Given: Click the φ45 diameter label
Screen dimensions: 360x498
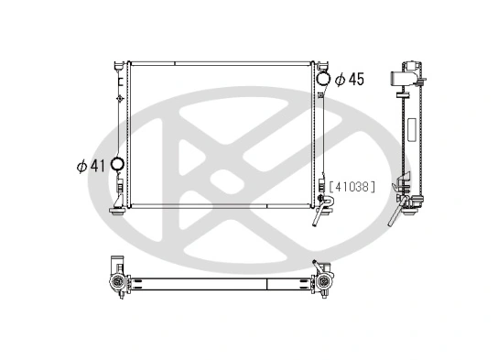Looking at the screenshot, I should point(349,79).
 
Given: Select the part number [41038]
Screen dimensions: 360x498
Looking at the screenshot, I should point(353,186).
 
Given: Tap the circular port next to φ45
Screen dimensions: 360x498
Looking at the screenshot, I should point(324,79).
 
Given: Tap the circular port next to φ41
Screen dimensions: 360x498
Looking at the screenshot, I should point(116,166).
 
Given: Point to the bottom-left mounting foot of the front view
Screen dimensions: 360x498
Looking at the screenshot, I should point(117,210).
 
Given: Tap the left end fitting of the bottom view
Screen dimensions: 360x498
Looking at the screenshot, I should point(115,276).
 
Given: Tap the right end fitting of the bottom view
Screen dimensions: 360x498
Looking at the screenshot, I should point(323,276).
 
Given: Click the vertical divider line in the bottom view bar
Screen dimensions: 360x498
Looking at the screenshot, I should point(266,283).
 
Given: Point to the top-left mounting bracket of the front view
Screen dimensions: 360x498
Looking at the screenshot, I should point(119,65).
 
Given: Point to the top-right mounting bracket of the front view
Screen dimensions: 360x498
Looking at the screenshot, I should point(321,65).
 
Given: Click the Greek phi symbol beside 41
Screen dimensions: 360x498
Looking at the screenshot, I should point(81,166).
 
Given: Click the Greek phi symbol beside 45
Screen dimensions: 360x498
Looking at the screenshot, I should point(340,79).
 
